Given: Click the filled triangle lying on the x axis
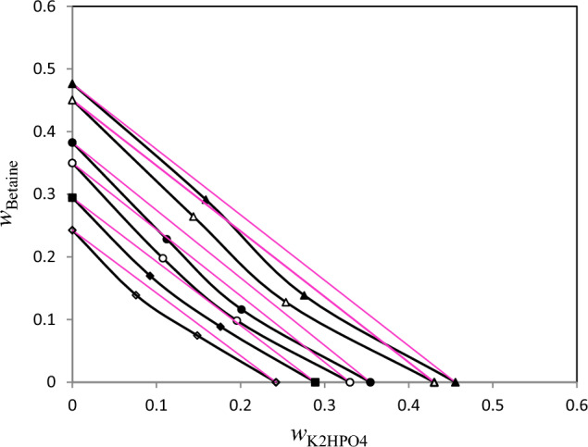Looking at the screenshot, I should click(x=455, y=382).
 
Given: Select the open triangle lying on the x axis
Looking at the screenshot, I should click(x=434, y=382).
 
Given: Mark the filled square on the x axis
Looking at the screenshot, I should click(x=316, y=382).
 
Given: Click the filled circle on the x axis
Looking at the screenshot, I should click(x=370, y=382).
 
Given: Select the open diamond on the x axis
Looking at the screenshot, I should click(x=276, y=382).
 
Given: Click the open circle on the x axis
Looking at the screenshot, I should click(x=350, y=382).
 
